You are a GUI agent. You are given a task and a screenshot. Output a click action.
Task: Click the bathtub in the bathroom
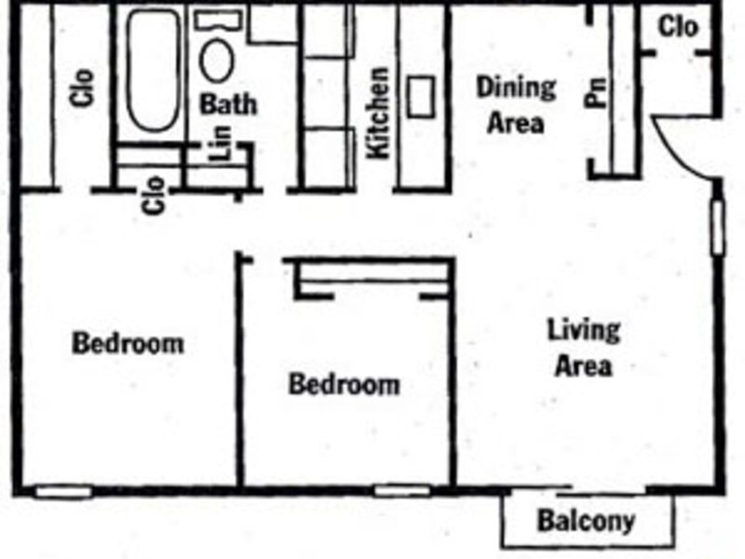(x=153, y=70)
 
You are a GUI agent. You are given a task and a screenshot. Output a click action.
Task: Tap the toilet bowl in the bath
(x=217, y=61)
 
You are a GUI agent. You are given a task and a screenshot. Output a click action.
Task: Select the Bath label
(x=228, y=104)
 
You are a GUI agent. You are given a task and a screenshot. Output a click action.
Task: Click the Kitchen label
(x=379, y=113)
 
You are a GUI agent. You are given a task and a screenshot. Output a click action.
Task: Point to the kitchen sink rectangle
(x=421, y=97)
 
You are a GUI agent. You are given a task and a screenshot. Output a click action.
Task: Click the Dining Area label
(x=516, y=105)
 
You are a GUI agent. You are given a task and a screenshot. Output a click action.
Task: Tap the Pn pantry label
(x=596, y=91)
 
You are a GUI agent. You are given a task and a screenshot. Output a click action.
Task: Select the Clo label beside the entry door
(x=679, y=27)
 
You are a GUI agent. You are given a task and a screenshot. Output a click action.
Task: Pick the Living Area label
(x=584, y=348)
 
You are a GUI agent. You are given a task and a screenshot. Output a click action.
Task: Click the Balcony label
(x=587, y=521)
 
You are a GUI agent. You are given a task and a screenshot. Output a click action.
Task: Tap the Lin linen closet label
(x=221, y=143)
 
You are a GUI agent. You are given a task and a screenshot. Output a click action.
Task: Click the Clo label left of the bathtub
(x=82, y=88)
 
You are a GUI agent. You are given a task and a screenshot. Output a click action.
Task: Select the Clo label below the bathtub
(x=155, y=196)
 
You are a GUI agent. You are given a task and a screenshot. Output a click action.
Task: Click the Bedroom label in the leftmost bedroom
(x=128, y=343)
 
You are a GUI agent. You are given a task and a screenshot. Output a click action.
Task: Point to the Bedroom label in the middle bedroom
(x=345, y=384)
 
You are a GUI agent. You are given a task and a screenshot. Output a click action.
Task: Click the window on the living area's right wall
(x=717, y=227)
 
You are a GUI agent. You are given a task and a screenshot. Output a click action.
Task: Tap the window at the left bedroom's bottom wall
(x=63, y=492)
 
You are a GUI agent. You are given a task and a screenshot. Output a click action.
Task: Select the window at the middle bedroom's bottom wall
(x=402, y=491)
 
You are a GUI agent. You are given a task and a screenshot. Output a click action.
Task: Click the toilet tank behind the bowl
(x=218, y=20)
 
